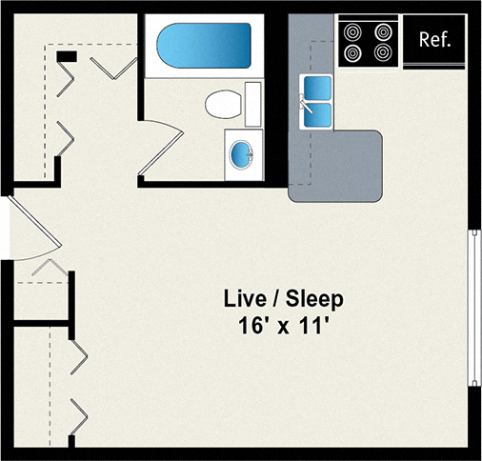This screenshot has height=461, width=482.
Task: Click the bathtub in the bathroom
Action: (x=204, y=44)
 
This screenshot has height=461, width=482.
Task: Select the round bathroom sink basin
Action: (x=243, y=150)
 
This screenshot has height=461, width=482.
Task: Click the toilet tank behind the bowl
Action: (x=252, y=102)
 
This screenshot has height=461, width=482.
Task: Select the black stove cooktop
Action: (x=369, y=41)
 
